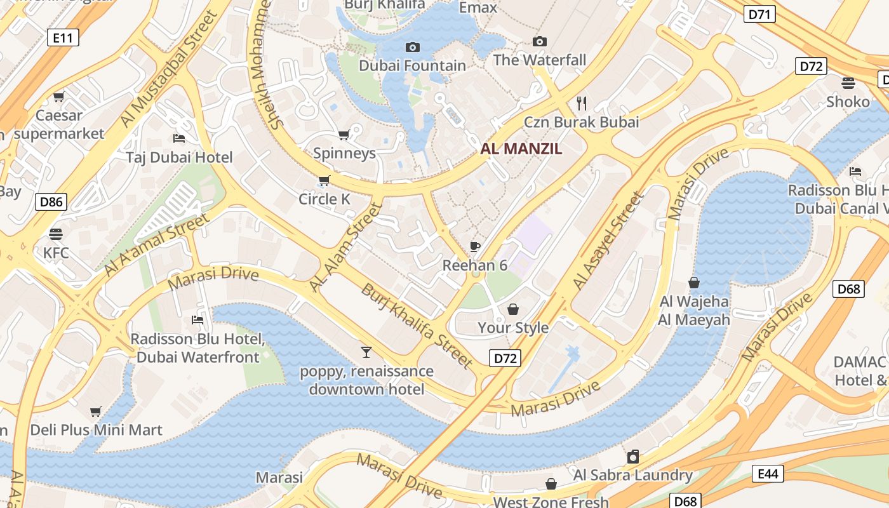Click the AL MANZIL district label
coord(521,149)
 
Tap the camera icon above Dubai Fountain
coord(413,47)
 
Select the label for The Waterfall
coord(540,60)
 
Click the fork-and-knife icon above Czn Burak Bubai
coord(581,103)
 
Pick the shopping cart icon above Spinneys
coord(344,135)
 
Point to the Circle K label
coord(324,199)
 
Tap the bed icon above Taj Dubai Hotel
coord(179,138)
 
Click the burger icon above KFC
coord(56,234)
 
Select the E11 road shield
coord(63,38)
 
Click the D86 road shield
coord(51,203)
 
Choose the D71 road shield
coord(759,14)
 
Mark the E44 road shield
coord(768,474)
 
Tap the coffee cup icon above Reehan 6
coord(475,246)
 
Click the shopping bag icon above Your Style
coord(512,309)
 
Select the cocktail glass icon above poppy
coord(366,352)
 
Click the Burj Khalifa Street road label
coord(417,326)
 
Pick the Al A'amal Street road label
coord(156,245)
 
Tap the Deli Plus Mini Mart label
coord(97,430)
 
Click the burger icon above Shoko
coord(848,83)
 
